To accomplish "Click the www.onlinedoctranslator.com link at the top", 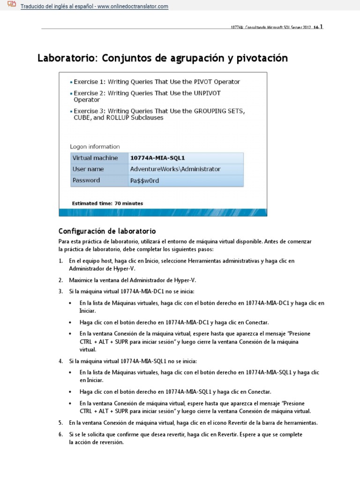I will [x=133, y=7].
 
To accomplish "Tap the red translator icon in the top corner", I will [x=12, y=5].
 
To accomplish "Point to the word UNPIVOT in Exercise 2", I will [x=207, y=93].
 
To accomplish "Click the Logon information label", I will [x=95, y=146].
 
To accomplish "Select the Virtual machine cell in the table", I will [x=99, y=158].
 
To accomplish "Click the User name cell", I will [x=99, y=169].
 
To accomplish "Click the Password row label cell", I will [x=99, y=180].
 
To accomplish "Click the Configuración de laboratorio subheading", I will [x=107, y=231].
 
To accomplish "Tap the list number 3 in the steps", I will [x=60, y=291].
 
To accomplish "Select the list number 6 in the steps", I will [x=60, y=435].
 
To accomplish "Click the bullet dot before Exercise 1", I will [x=71, y=82].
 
